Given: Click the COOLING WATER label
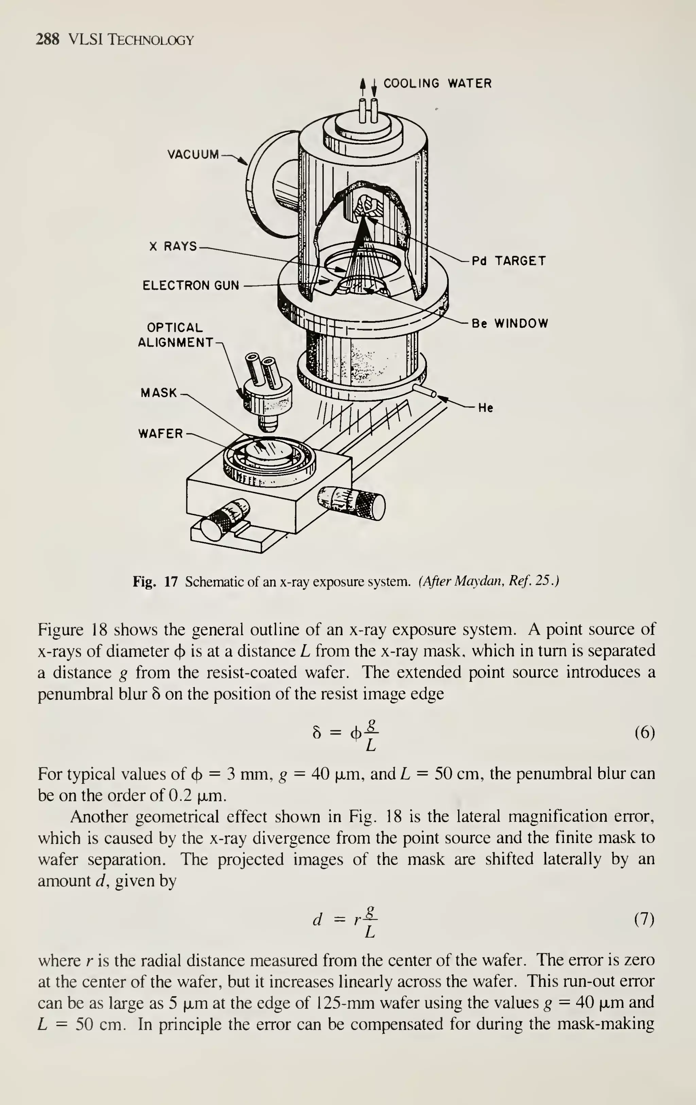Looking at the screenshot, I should click(x=437, y=84).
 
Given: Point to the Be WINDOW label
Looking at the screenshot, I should click(x=510, y=324).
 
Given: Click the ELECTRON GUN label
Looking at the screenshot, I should click(x=191, y=286).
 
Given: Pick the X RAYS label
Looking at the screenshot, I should click(x=173, y=247).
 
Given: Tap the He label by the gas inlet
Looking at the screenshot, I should click(x=485, y=407).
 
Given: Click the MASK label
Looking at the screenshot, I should click(x=158, y=393).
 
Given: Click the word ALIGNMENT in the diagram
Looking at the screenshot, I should click(x=175, y=342).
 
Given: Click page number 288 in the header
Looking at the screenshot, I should click(x=47, y=40).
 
